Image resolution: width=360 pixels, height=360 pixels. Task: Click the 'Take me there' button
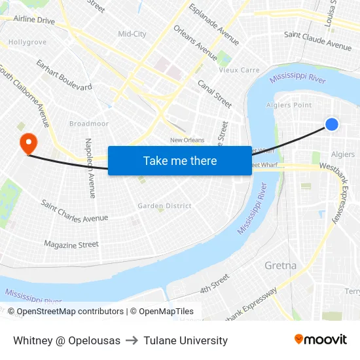[x=180, y=160]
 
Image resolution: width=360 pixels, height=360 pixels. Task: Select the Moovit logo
[x=320, y=340]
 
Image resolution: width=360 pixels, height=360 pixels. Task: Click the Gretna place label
[x=281, y=266]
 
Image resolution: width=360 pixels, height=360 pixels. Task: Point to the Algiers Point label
[x=289, y=105]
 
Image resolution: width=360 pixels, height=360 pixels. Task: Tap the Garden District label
[x=164, y=206]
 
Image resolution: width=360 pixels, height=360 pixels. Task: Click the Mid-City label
[x=132, y=34]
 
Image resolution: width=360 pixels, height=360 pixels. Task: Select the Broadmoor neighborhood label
[x=88, y=123]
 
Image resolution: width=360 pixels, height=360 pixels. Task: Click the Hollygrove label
[x=27, y=42]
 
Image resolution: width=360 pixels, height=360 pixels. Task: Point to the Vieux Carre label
[x=239, y=70]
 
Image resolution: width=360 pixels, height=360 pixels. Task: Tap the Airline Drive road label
[x=34, y=20]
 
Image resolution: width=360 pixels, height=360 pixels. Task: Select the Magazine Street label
[x=71, y=245]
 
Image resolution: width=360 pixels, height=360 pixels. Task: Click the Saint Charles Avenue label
[x=74, y=209]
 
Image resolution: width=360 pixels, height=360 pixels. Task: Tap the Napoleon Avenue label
[x=90, y=168]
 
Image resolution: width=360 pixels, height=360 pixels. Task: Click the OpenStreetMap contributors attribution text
[x=70, y=312]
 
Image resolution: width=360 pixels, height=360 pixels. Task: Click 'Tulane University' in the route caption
[x=186, y=340]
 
